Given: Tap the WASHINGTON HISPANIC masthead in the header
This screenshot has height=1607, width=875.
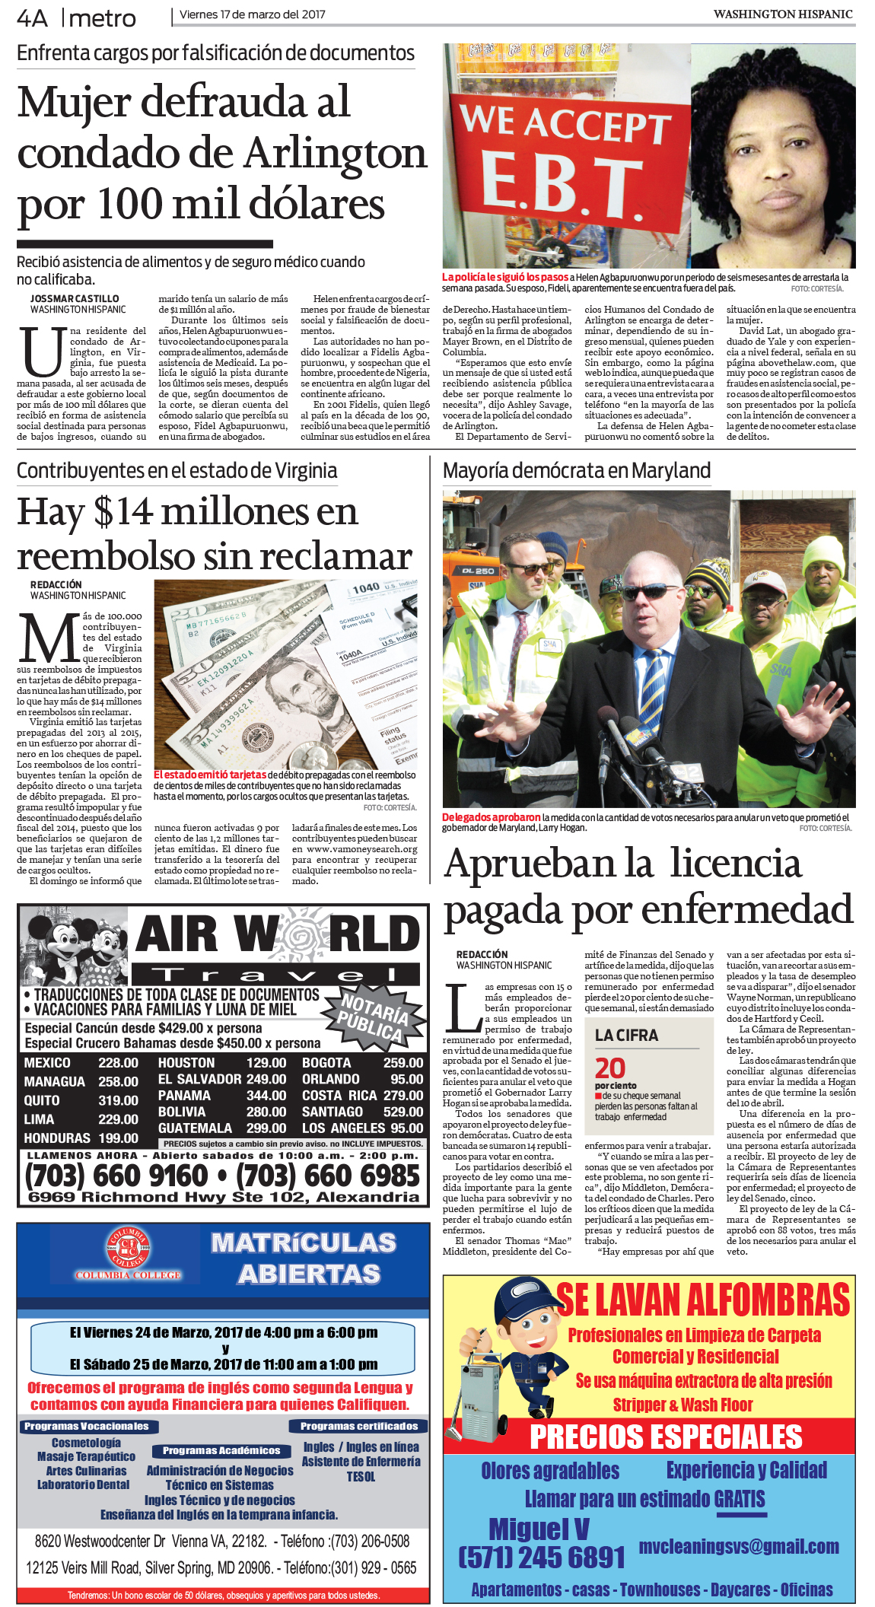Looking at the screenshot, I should click(782, 14).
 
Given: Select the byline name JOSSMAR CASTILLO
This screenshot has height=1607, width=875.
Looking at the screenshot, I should click(75, 299).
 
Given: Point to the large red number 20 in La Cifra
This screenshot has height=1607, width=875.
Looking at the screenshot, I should click(609, 1068).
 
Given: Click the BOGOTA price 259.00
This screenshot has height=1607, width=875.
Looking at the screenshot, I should click(403, 1063).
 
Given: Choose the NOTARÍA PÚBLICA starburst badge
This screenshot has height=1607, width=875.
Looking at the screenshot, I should click(371, 1016).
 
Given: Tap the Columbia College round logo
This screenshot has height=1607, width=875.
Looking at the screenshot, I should click(128, 1249).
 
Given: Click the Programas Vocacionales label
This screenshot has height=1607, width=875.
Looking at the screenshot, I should click(86, 1427).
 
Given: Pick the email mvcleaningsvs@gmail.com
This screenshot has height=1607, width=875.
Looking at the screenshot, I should click(738, 1546).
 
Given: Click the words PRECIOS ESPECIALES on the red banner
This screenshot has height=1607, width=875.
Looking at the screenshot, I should click(666, 1437).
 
